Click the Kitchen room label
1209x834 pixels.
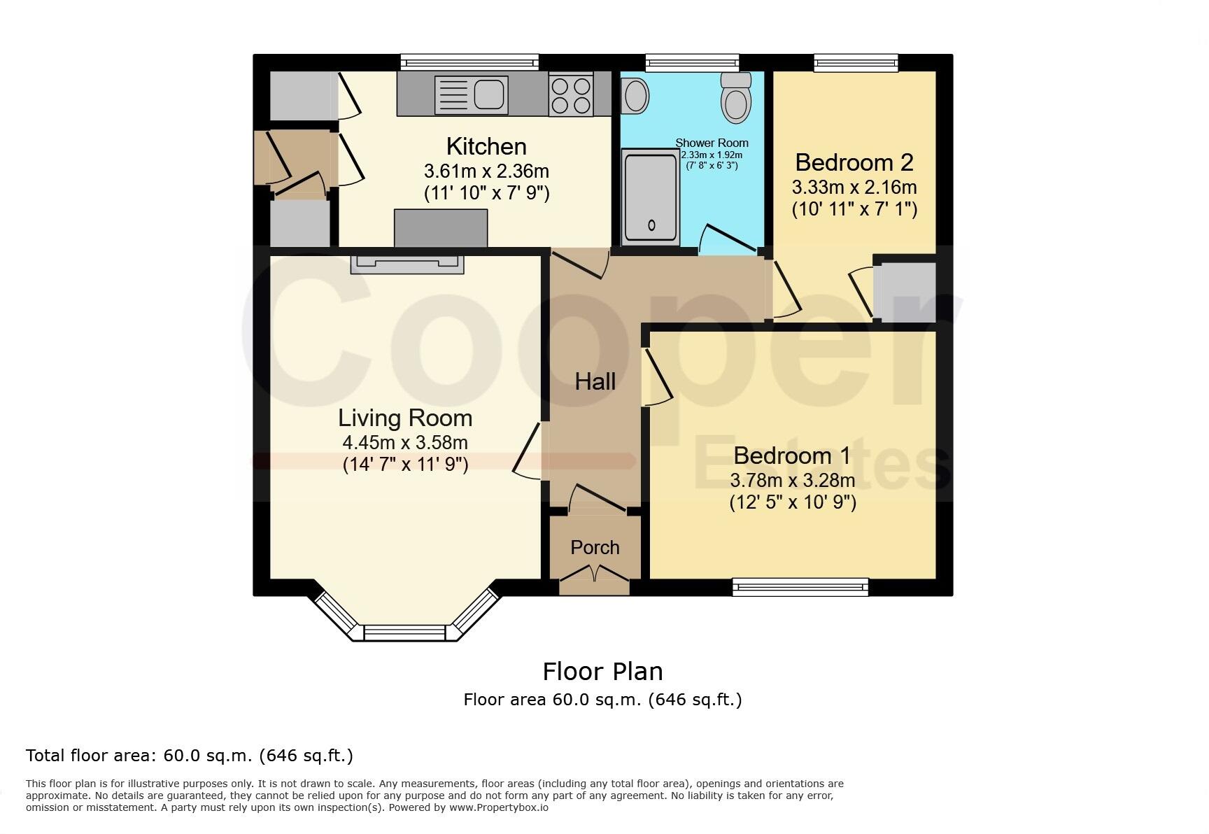(486, 147)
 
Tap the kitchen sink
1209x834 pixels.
(489, 94)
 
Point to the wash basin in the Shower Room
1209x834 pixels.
(635, 96)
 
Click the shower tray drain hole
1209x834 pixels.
(652, 225)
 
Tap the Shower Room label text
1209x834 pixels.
(712, 143)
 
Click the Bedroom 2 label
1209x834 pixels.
(854, 162)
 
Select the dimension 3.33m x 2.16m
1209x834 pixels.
(854, 188)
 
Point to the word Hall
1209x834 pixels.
(595, 381)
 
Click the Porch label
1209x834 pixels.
(595, 547)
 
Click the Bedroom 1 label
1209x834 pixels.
(792, 455)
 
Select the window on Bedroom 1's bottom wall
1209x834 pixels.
(800, 587)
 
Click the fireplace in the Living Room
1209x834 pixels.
(406, 264)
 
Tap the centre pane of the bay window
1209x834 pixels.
(404, 632)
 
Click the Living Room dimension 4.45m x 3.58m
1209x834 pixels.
(404, 443)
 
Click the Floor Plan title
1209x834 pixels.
(602, 672)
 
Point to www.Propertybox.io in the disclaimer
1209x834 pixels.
(498, 807)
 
